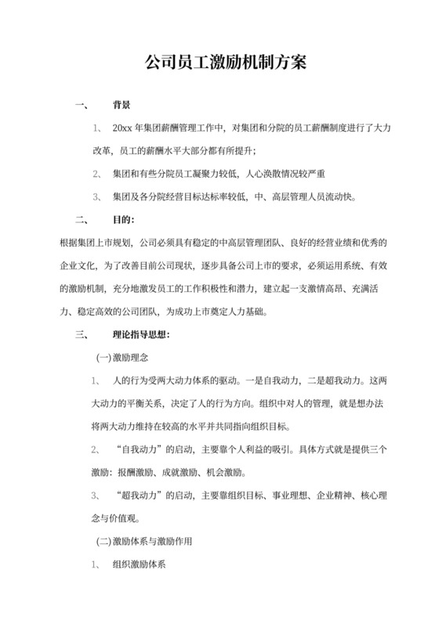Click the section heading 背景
tap(122, 105)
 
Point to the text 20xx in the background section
tap(123, 128)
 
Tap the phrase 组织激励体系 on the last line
tap(140, 564)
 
